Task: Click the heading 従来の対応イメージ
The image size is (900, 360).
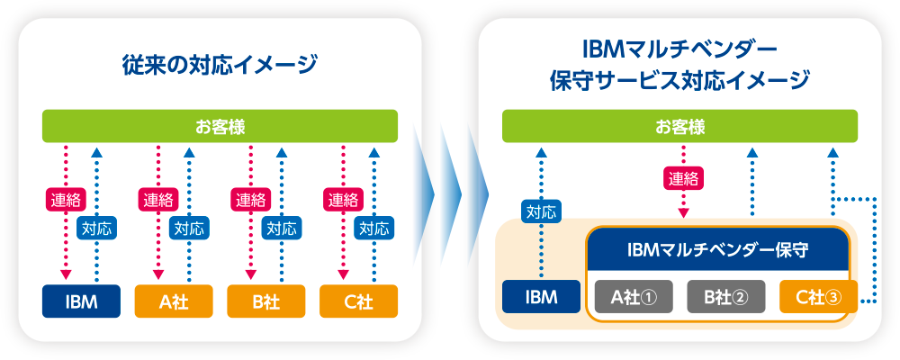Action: (220, 65)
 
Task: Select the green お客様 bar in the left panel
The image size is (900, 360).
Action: (220, 126)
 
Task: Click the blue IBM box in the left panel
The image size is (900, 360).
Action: (82, 301)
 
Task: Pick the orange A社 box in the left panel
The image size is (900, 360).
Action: (174, 301)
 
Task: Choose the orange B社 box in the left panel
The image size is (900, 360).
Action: (266, 301)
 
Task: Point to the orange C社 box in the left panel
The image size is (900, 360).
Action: (358, 301)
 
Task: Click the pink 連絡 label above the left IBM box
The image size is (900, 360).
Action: (65, 198)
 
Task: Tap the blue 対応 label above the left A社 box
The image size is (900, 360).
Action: (191, 228)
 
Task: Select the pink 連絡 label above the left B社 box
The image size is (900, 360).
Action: (249, 198)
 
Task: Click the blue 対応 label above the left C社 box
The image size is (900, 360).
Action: (373, 228)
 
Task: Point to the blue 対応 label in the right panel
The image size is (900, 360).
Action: (541, 213)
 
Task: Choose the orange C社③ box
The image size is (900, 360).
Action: (817, 296)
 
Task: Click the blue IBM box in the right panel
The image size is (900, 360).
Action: (541, 296)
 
